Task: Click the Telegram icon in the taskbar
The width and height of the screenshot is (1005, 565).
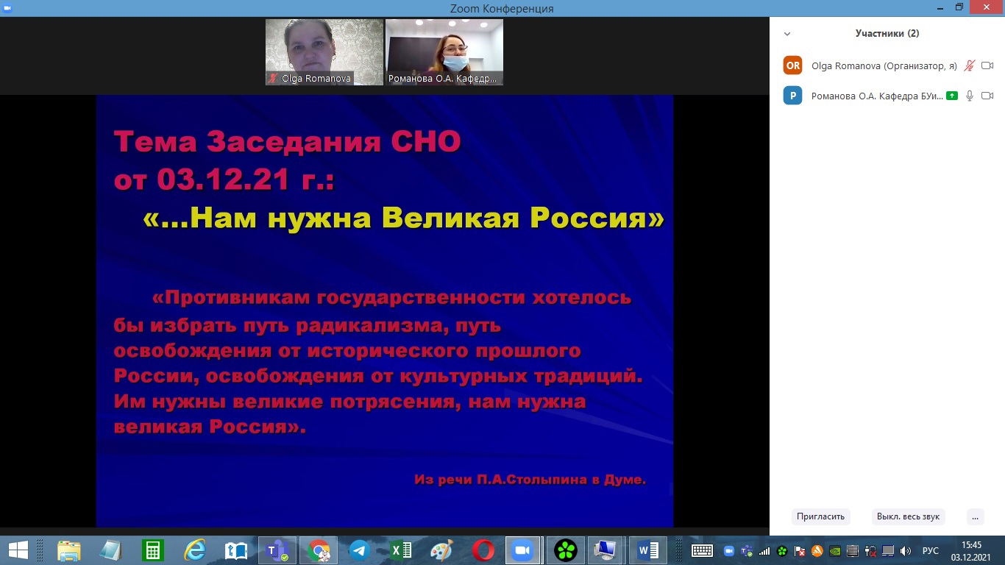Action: point(359,550)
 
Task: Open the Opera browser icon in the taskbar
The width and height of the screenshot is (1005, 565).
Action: point(483,550)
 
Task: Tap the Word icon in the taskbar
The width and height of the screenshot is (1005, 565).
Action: point(647,550)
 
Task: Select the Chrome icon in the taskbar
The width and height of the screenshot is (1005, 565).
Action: point(318,550)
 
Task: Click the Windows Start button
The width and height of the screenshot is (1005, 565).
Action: point(18,550)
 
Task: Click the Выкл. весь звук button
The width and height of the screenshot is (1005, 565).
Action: point(908,516)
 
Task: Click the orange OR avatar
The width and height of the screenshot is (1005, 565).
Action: point(792,65)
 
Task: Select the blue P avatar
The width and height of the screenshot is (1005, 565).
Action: point(792,96)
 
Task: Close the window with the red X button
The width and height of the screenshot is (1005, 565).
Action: point(987,7)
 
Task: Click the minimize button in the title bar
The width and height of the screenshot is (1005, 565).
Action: point(940,8)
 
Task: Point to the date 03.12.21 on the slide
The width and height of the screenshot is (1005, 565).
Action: point(222,180)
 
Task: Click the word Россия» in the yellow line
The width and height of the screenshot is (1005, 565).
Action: point(597,218)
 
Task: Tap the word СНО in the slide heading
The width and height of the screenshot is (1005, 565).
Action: point(426,141)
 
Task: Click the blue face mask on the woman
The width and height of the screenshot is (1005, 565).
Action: point(455,62)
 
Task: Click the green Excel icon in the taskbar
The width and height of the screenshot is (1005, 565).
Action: point(401,550)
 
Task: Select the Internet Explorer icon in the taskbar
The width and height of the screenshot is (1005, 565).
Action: point(195,550)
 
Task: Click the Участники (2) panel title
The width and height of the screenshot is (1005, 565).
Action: point(887,33)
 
